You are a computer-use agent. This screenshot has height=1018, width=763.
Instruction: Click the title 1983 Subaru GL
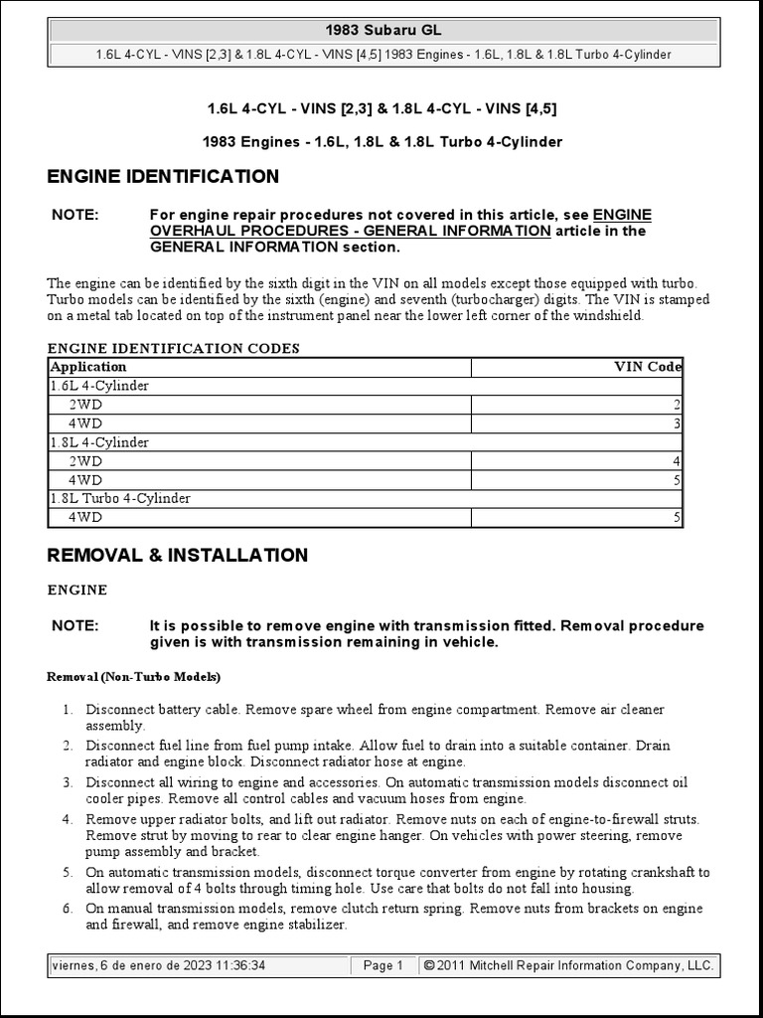[383, 30]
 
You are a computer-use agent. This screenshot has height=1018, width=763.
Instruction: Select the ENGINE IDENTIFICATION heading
[163, 177]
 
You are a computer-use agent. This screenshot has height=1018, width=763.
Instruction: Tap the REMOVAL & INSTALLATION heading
[178, 556]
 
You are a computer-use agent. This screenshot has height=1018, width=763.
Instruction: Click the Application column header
[88, 367]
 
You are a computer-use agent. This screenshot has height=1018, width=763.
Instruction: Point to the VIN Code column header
[649, 367]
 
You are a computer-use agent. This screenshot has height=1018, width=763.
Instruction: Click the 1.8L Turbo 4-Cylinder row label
[120, 499]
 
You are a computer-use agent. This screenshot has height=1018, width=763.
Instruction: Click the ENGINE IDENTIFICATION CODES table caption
[174, 348]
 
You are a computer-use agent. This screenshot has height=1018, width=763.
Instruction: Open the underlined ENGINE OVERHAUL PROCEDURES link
[350, 231]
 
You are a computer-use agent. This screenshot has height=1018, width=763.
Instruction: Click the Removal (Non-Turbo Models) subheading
[134, 677]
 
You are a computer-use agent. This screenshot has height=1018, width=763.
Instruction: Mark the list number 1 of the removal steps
[68, 710]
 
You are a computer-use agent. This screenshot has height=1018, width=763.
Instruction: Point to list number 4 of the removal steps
[68, 819]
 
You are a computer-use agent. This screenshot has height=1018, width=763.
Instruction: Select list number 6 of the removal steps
[68, 909]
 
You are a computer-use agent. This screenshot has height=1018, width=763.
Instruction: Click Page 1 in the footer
[382, 965]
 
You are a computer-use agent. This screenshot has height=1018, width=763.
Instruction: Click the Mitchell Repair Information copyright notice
[568, 965]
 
